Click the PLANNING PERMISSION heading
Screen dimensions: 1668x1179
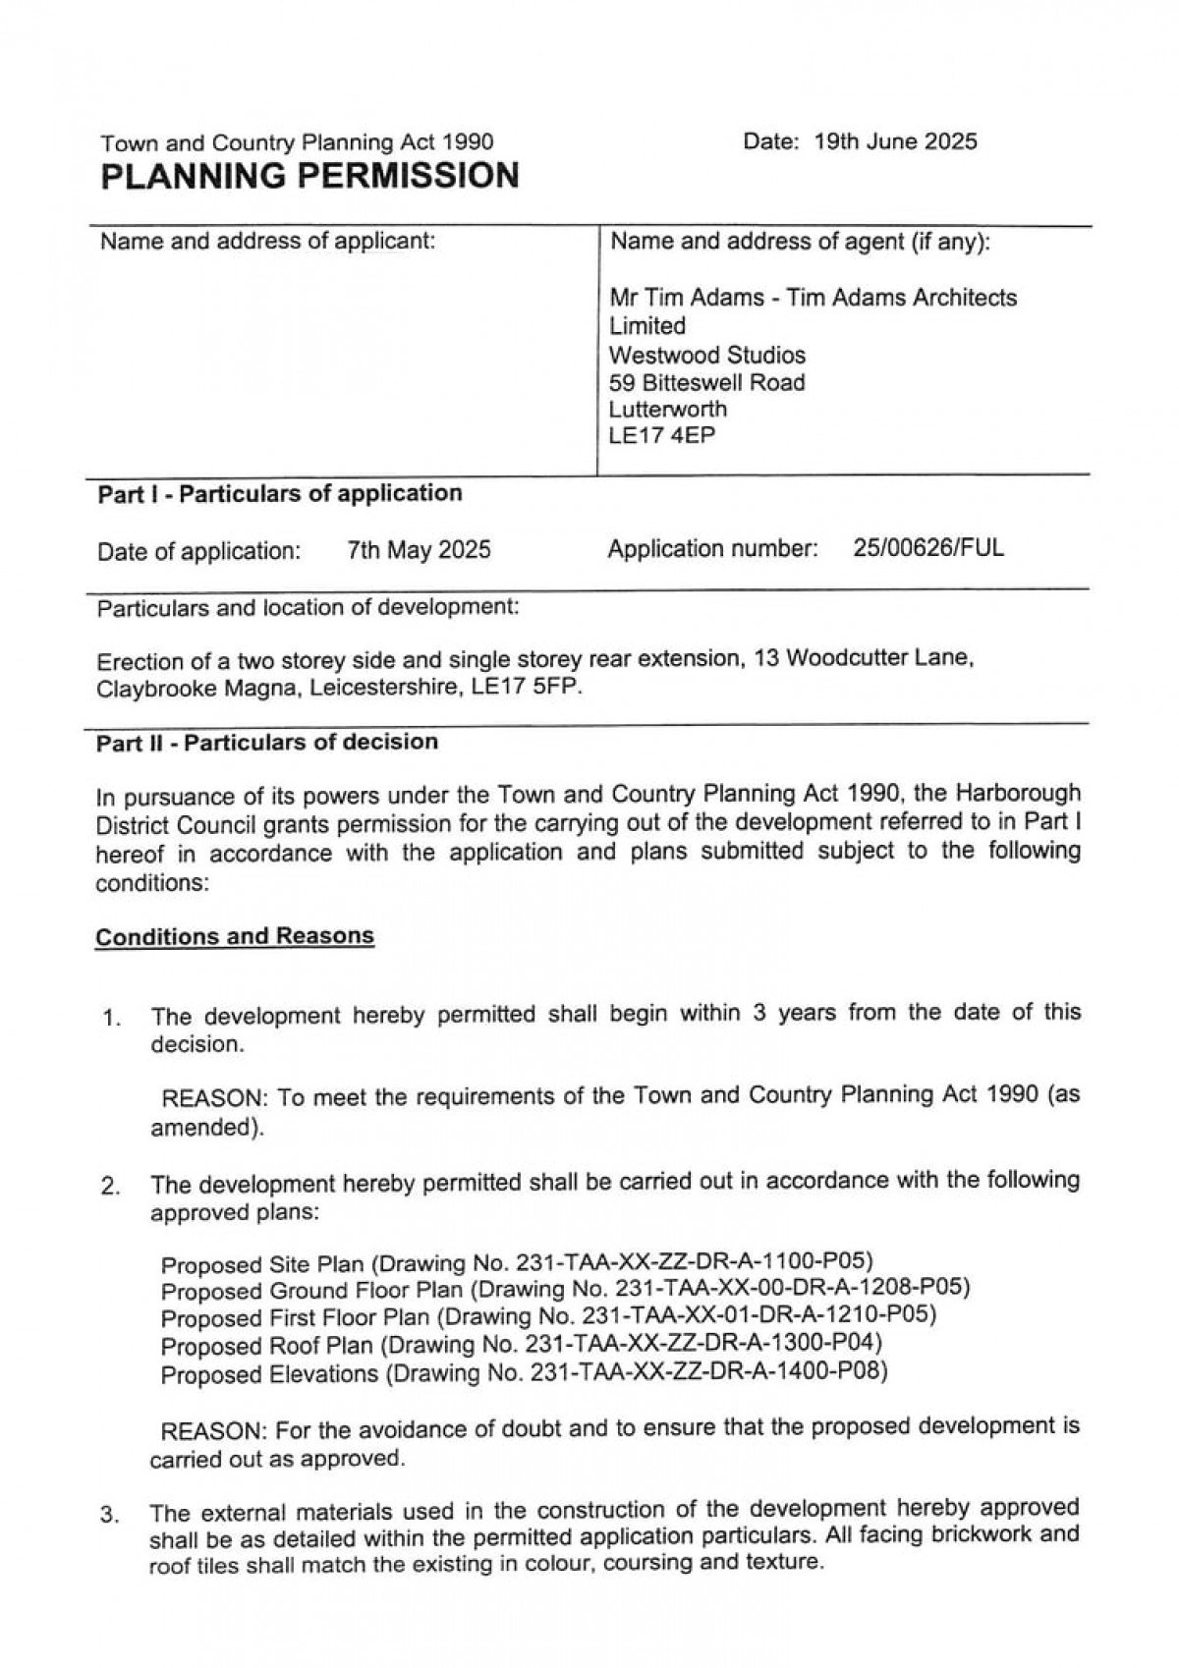point(310,176)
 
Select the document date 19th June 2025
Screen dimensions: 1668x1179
point(895,141)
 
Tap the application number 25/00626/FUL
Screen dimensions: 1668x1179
point(928,548)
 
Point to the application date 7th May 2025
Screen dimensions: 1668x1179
point(419,549)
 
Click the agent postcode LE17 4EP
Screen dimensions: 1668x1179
point(662,435)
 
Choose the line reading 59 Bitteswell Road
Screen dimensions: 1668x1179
point(706,382)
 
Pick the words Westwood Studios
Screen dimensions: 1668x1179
point(707,355)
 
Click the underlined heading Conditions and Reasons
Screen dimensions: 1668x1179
point(235,936)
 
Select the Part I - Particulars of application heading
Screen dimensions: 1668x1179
point(279,493)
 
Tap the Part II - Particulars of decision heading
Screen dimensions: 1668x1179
point(267,742)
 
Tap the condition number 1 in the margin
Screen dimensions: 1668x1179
point(111,1018)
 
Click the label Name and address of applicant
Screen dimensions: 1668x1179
point(267,241)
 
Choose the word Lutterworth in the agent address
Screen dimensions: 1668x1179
point(668,409)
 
